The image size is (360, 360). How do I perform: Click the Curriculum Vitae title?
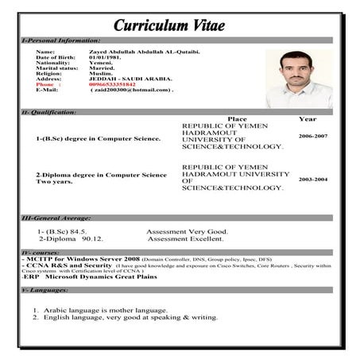168,25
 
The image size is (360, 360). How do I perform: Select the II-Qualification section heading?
49,112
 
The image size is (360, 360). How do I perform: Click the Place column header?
237,119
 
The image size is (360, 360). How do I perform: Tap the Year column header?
307,119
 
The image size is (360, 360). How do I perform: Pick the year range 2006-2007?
312,136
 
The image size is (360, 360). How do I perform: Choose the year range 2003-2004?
312,180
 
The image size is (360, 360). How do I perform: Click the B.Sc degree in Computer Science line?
98,138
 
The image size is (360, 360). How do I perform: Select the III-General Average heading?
52,217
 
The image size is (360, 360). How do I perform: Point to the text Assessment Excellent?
186,238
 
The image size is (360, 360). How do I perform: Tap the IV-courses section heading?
38,252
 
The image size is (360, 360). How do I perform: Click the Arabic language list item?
99,310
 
